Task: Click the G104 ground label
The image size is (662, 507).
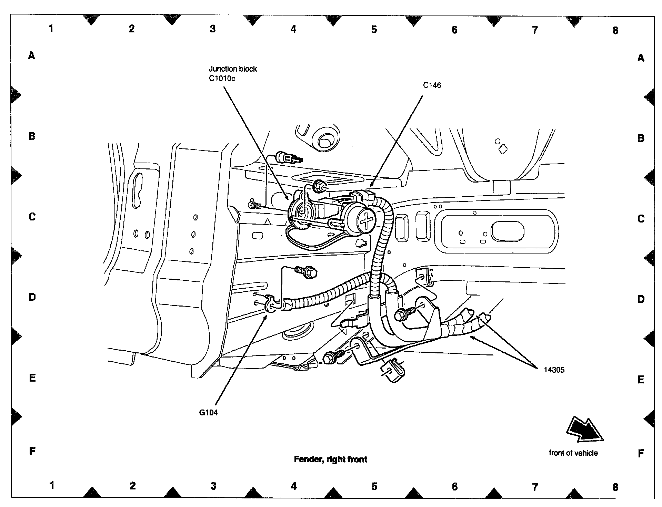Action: click(208, 412)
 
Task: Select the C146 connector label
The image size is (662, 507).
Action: click(432, 85)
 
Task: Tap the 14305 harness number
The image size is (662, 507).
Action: click(554, 370)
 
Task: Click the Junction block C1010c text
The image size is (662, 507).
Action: click(233, 73)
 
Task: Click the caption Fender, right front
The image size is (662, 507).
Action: click(330, 459)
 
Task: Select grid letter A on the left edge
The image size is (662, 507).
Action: click(32, 55)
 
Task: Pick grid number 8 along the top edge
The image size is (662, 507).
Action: click(615, 30)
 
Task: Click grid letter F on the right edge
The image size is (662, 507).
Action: click(641, 453)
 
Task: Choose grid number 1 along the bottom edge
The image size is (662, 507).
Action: click(52, 485)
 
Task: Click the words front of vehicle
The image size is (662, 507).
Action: click(573, 453)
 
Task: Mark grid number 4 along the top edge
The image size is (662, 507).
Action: click(293, 29)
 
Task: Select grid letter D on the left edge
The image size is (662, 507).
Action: click(32, 297)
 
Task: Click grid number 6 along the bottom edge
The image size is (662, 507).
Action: click(454, 486)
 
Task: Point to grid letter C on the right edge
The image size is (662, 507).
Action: click(641, 218)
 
